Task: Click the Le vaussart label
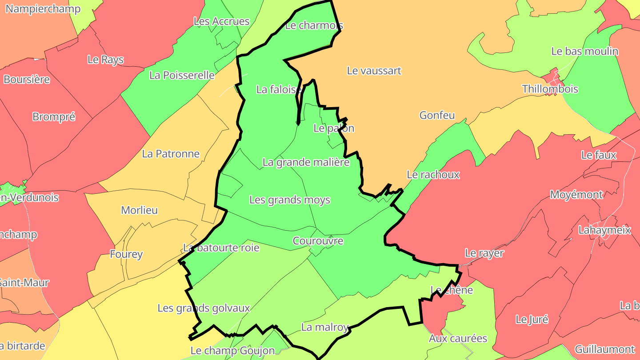(x=374, y=70)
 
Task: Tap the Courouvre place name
(x=318, y=240)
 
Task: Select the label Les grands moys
(x=289, y=200)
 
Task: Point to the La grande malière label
(x=306, y=162)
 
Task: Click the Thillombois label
(x=550, y=88)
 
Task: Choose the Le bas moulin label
(x=584, y=51)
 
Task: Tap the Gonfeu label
(x=437, y=115)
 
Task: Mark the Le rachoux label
(x=433, y=174)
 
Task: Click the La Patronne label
(x=171, y=153)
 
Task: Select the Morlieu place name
(x=139, y=210)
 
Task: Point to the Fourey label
(x=126, y=254)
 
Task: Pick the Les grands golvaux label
(x=204, y=308)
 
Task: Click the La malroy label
(x=324, y=327)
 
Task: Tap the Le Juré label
(x=532, y=319)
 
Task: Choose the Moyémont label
(x=576, y=194)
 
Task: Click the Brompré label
(x=54, y=116)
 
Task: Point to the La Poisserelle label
(x=182, y=75)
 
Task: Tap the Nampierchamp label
(x=43, y=8)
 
